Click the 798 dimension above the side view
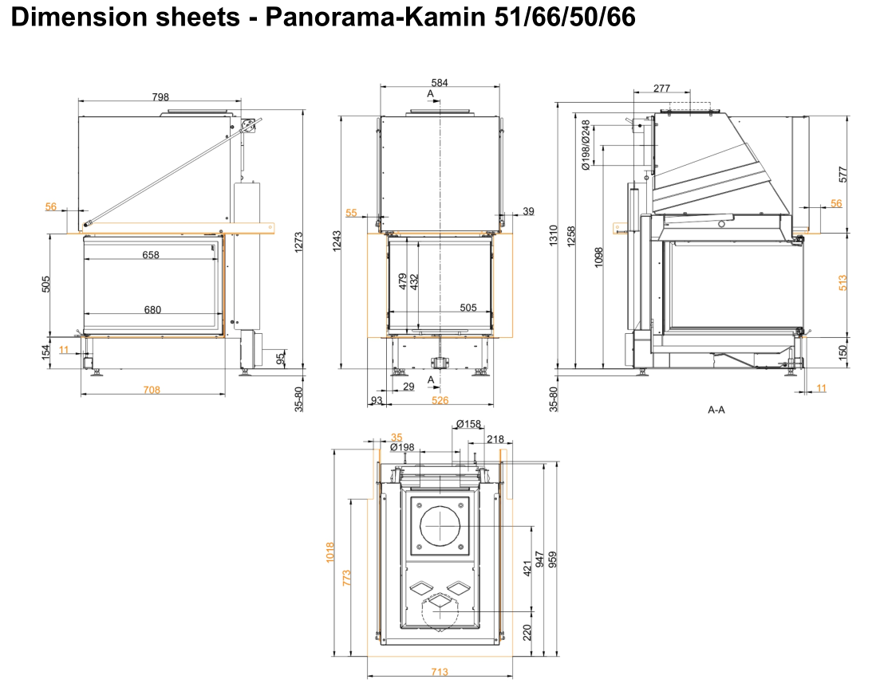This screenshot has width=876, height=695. (x=160, y=96)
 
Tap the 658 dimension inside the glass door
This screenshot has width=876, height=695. (x=151, y=255)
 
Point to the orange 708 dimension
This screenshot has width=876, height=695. (x=152, y=390)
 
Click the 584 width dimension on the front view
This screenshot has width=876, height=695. (x=440, y=82)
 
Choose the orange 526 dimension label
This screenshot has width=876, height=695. (x=440, y=400)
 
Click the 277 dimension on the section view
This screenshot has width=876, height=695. (x=661, y=88)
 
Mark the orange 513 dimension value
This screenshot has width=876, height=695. (x=842, y=282)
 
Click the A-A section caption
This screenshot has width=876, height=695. (x=716, y=410)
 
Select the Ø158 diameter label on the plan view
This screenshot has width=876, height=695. (x=468, y=424)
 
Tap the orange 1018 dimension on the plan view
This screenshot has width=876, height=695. (x=330, y=552)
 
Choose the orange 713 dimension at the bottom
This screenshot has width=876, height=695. (x=439, y=672)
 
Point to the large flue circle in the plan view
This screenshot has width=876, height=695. (x=438, y=526)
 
